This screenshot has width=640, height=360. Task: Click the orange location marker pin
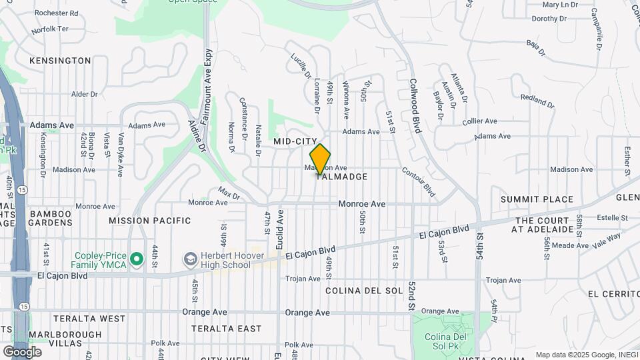tap(321, 159)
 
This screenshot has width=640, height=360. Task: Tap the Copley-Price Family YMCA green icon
tap(137, 258)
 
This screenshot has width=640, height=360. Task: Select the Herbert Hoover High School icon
tap(190, 258)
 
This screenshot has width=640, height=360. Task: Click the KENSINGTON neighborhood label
tap(60, 61)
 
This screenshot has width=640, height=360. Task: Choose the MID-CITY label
tap(295, 142)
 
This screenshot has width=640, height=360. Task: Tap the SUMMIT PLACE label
tap(537, 199)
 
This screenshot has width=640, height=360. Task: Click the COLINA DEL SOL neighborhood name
tap(364, 291)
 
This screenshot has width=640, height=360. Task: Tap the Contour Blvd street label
tap(419, 181)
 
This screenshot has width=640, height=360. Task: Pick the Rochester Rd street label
tap(56, 13)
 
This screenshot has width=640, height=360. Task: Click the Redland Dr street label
tap(537, 101)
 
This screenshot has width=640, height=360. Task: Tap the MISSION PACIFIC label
tap(149, 221)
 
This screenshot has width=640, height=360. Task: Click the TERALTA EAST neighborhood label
tap(226, 329)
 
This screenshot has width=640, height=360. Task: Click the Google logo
tap(22, 351)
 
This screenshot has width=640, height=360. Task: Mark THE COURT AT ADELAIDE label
tap(543, 225)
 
